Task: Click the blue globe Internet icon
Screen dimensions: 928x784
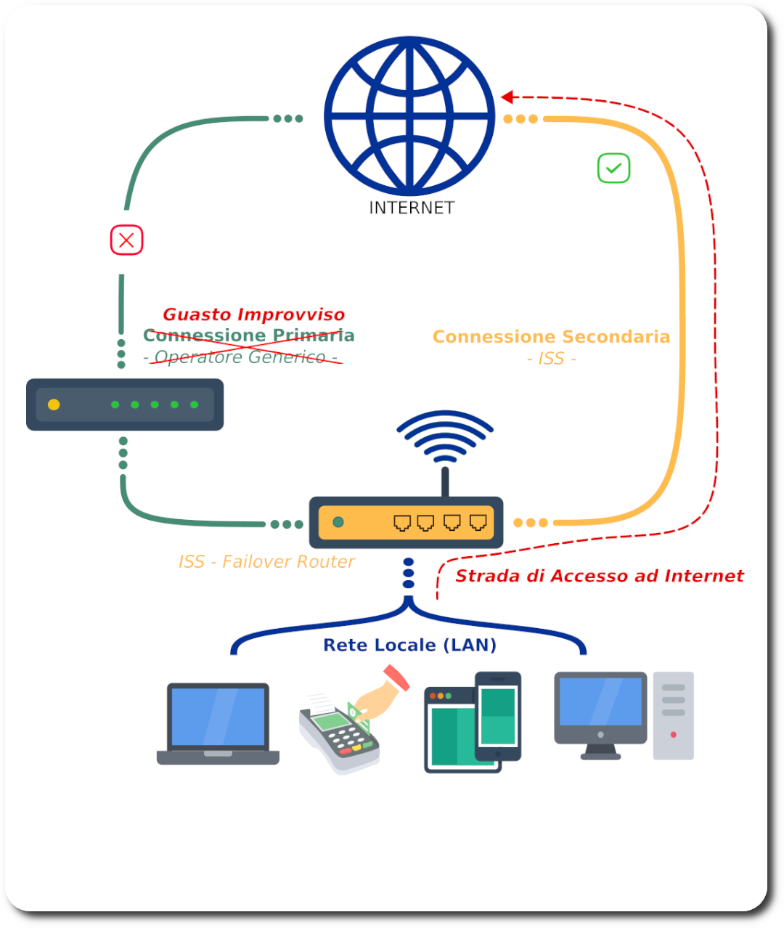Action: click(x=409, y=116)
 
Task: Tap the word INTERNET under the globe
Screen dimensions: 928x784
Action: click(x=412, y=208)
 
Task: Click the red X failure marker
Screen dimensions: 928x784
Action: click(x=126, y=240)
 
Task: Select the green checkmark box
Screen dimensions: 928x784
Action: click(x=613, y=168)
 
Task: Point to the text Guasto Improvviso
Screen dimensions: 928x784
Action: click(x=253, y=314)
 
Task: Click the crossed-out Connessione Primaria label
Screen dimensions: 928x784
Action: click(x=248, y=335)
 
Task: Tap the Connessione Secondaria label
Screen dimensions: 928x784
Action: click(x=551, y=337)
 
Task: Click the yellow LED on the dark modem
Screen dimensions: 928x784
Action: click(x=54, y=404)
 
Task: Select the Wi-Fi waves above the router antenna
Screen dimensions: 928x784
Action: click(x=445, y=436)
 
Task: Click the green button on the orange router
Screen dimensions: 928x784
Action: click(x=338, y=522)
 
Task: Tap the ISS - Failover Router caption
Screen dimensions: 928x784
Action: click(x=266, y=562)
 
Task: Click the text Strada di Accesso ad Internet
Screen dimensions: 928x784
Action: click(x=600, y=577)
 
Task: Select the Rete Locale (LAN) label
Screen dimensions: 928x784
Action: click(x=409, y=645)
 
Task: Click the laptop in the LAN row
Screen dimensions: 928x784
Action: click(x=218, y=723)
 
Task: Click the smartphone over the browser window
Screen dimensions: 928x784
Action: click(x=498, y=715)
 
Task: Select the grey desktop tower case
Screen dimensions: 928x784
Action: click(x=673, y=716)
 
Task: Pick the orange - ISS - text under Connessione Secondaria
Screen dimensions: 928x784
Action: click(x=551, y=359)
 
